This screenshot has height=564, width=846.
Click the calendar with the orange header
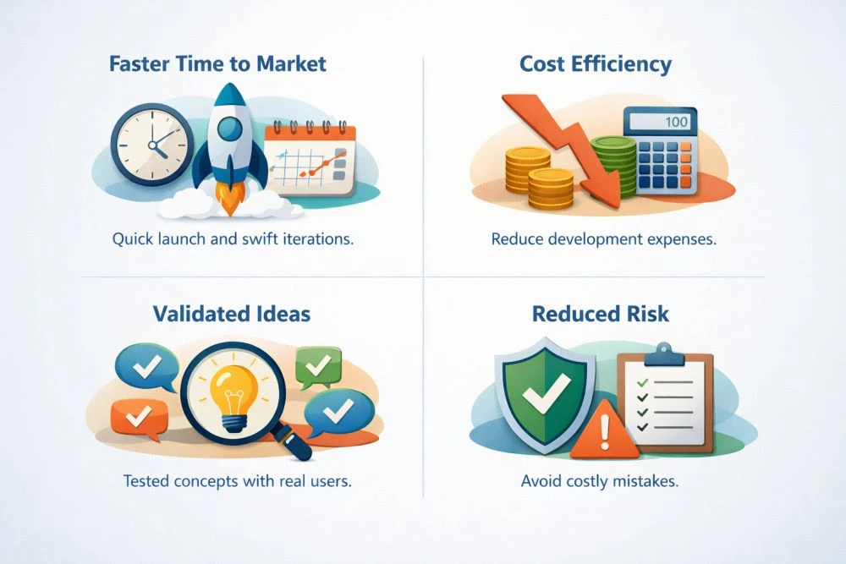(310, 156)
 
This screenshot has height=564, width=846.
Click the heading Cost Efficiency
(596, 64)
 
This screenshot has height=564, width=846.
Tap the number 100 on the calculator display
(676, 122)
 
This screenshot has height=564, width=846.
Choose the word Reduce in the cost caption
(519, 239)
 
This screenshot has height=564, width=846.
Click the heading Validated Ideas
(231, 315)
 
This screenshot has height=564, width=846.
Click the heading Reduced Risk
(601, 315)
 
